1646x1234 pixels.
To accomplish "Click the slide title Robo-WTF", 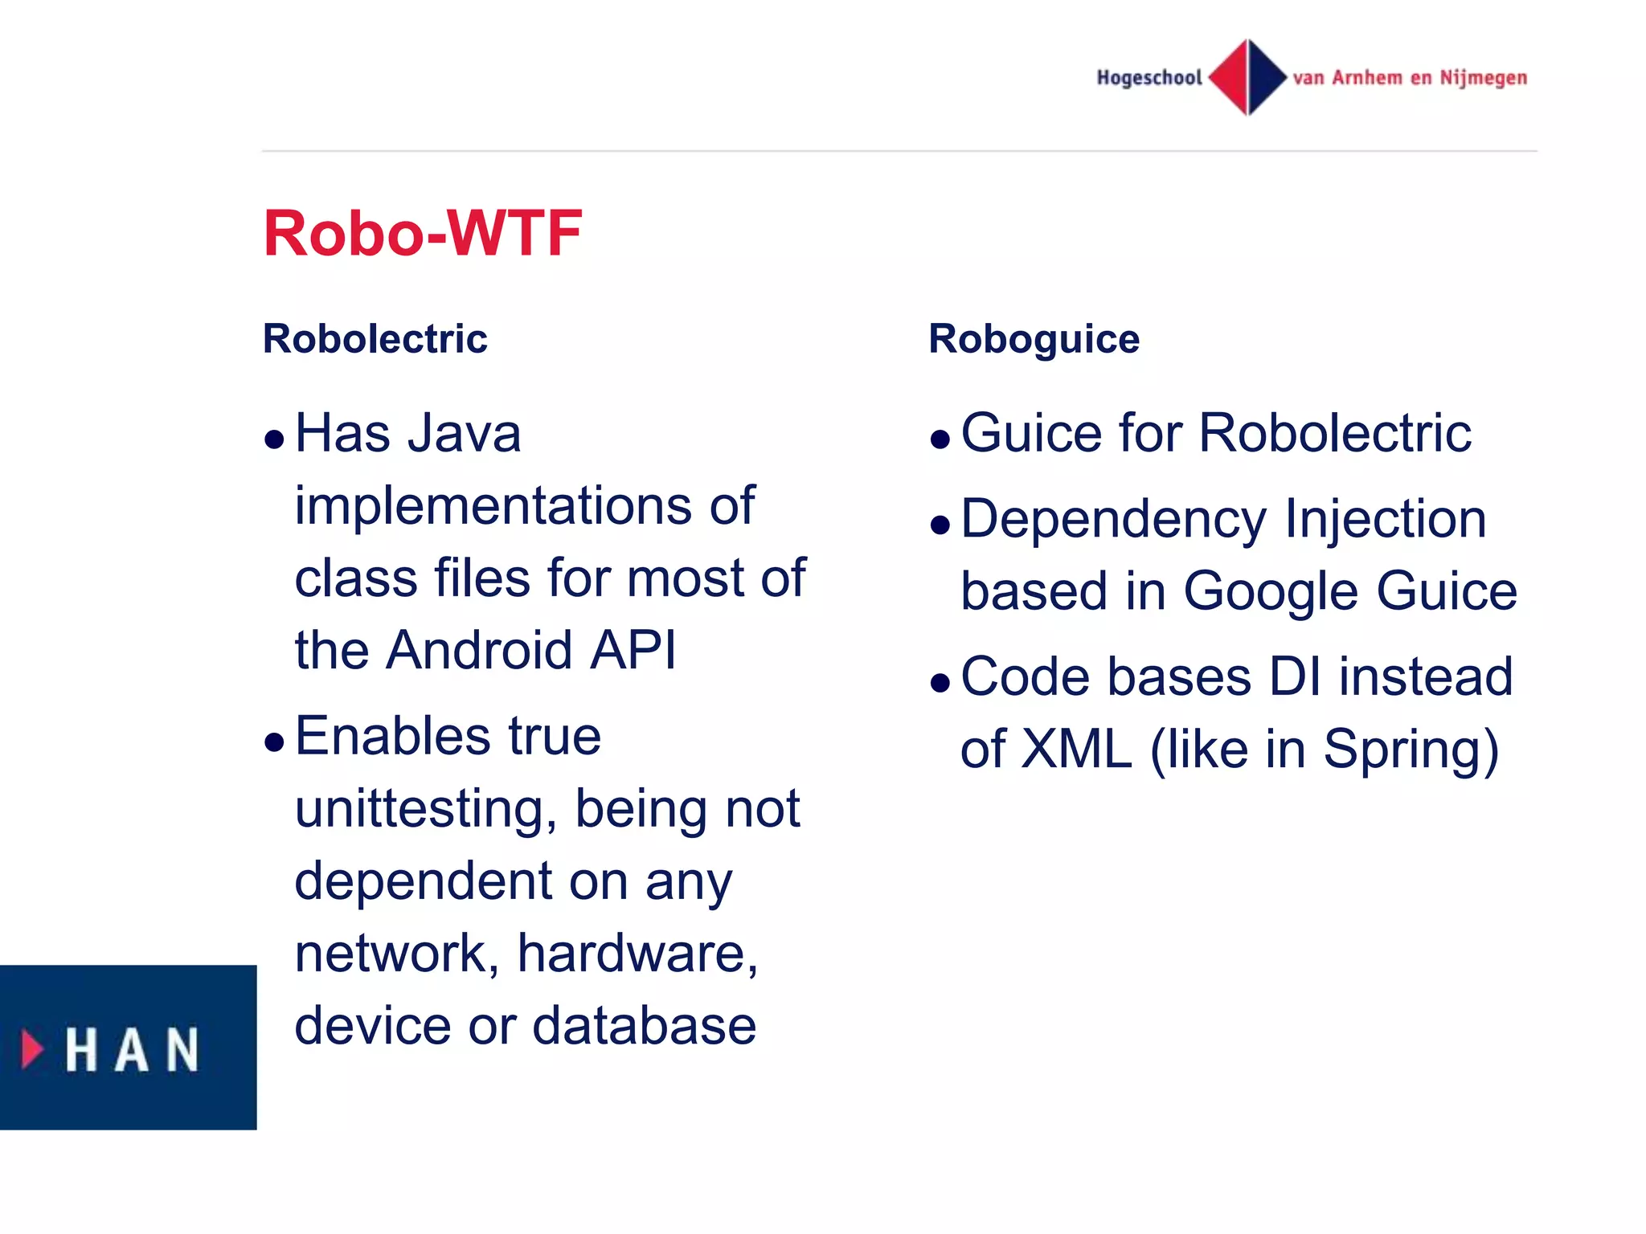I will coord(422,233).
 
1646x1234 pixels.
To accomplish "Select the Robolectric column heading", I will coord(375,338).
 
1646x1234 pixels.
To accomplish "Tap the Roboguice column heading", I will coord(1034,338).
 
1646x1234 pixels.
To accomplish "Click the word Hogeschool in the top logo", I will coord(1149,78).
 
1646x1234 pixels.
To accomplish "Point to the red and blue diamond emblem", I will coord(1247,77).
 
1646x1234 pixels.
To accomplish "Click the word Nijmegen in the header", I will coord(1483,78).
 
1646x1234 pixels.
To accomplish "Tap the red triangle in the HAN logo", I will coord(32,1049).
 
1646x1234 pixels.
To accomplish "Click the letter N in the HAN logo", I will coord(183,1050).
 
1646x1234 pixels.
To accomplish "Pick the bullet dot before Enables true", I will coord(275,742).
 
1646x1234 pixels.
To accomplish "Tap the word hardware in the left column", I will coord(637,954).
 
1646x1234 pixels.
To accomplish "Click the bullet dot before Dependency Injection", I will coord(940,525).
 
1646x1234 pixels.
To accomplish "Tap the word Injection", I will coord(1385,519).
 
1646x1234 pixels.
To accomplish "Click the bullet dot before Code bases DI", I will coord(940,683).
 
